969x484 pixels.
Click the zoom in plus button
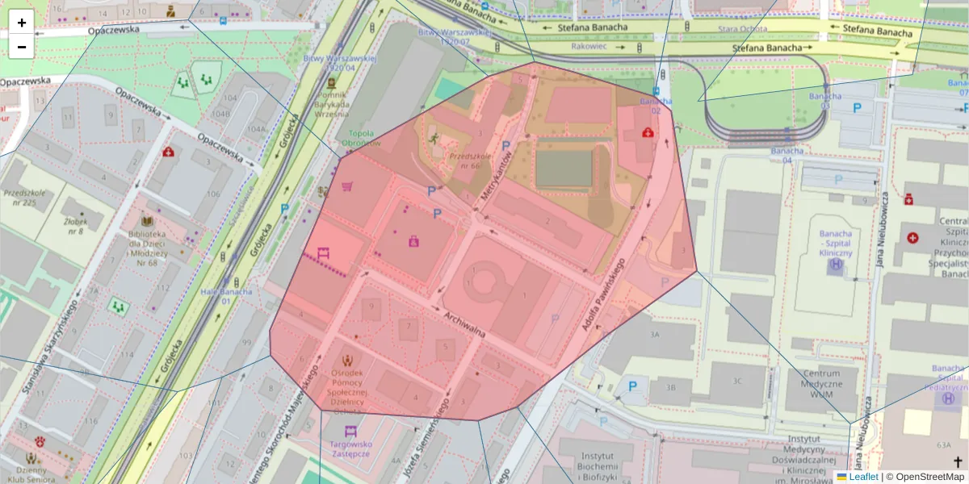[x=22, y=23]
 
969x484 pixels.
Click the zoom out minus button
[x=22, y=47]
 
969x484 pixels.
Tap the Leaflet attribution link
[x=863, y=477]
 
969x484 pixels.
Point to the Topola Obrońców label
[x=360, y=138]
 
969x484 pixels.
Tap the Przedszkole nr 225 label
[x=25, y=198]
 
